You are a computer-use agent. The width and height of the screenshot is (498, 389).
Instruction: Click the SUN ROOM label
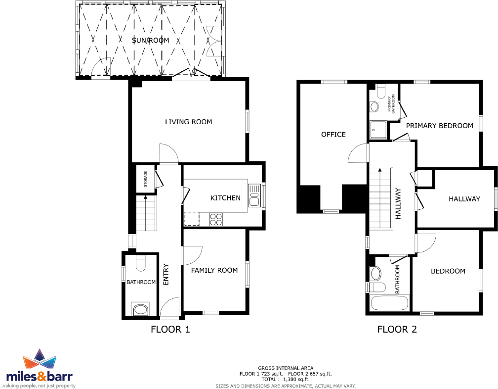151,40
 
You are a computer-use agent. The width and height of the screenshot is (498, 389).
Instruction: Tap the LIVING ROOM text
188,122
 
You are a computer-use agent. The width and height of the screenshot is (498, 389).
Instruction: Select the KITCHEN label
225,198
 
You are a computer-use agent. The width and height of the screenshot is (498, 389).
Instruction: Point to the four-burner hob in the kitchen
216,219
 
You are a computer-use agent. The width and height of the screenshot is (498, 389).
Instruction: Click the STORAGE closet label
145,178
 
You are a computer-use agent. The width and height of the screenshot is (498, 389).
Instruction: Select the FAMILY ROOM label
214,270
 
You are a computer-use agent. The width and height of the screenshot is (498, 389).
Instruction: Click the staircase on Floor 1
146,213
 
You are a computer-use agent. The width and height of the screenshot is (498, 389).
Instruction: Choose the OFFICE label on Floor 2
333,135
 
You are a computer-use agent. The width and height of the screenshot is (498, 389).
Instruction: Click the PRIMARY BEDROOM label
440,126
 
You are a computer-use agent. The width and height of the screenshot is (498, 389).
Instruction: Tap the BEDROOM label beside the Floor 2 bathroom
448,271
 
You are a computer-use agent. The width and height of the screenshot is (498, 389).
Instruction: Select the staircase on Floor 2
380,198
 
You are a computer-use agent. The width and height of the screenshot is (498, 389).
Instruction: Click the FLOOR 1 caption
170,329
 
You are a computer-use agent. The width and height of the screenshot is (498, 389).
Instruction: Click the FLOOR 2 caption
397,329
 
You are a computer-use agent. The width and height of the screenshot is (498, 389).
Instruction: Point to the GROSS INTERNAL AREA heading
285,368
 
